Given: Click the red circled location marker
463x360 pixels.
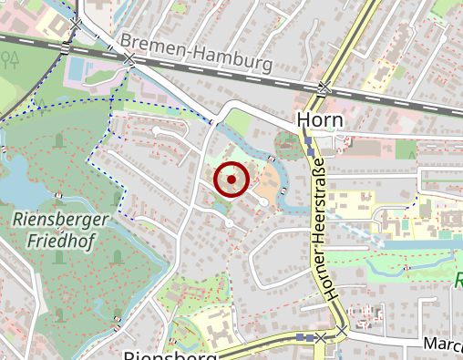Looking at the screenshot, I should (x=231, y=180).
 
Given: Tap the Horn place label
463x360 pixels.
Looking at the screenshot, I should (x=318, y=121).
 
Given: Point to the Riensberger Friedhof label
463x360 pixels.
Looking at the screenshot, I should (x=61, y=230).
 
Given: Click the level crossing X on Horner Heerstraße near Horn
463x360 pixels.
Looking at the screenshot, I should (x=324, y=88).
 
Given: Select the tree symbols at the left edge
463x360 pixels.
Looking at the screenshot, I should (x=11, y=60).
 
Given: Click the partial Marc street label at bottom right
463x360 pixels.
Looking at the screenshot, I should (x=443, y=345).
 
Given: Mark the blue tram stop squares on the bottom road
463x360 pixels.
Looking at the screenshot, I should (x=305, y=337).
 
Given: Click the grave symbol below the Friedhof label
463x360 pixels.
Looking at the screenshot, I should (x=60, y=257).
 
